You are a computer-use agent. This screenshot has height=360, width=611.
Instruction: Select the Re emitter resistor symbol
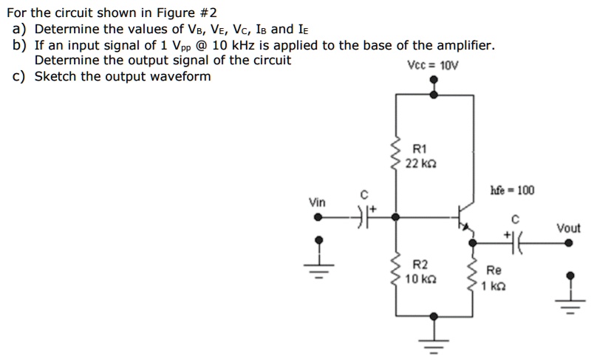(x=471, y=275)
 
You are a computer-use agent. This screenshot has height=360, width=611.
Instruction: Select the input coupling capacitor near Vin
(x=362, y=217)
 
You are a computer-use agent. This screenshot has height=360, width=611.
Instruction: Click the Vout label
(x=568, y=228)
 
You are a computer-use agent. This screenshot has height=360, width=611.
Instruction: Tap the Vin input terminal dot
(x=318, y=217)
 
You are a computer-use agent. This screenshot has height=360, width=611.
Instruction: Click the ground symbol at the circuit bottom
(x=434, y=344)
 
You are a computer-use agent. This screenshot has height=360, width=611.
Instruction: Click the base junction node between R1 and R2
(x=397, y=217)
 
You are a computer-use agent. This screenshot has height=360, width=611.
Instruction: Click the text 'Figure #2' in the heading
(x=188, y=13)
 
